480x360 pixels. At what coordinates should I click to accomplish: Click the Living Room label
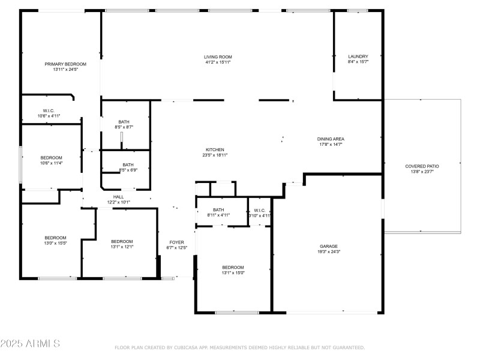[x=217, y=57]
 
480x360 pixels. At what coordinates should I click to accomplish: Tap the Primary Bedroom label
[x=65, y=64]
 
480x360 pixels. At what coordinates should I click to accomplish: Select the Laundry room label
[x=358, y=56]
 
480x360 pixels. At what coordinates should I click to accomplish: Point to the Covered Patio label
[x=422, y=166]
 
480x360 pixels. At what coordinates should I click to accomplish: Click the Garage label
[x=328, y=246]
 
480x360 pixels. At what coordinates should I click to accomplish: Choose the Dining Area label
[x=331, y=139]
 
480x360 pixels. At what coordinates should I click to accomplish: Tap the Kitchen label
[x=215, y=149]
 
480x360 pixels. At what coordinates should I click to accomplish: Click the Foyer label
[x=176, y=242]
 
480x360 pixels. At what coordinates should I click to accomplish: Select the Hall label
[x=118, y=197]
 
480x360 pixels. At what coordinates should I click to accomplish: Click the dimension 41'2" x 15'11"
[x=217, y=62]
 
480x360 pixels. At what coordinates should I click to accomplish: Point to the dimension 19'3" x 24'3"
[x=328, y=251]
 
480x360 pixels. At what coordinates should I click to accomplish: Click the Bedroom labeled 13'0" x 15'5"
[x=55, y=238]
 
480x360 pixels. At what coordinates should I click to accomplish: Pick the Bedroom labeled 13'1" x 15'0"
[x=233, y=267]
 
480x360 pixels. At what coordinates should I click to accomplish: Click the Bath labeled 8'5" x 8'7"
[x=124, y=122]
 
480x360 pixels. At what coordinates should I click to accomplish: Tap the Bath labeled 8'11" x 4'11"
[x=218, y=209]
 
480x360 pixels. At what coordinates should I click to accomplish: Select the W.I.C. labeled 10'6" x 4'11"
[x=49, y=110]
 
